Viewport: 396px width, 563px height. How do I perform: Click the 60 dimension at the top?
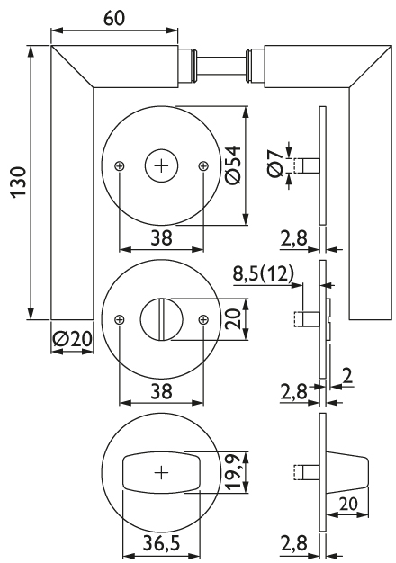(x=114, y=19)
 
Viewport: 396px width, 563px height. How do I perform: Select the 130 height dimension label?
(x=19, y=182)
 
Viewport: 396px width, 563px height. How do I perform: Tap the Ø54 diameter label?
(x=234, y=165)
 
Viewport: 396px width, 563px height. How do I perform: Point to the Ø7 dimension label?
(x=276, y=165)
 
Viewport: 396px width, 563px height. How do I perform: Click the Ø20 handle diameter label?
(x=72, y=338)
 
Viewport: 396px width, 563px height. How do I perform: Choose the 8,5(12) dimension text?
(x=264, y=274)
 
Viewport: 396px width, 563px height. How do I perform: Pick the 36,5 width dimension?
(x=161, y=543)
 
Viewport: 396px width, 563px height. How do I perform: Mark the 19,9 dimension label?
(x=234, y=471)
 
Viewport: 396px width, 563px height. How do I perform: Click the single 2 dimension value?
(x=347, y=376)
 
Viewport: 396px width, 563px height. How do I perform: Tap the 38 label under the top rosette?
(x=161, y=237)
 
